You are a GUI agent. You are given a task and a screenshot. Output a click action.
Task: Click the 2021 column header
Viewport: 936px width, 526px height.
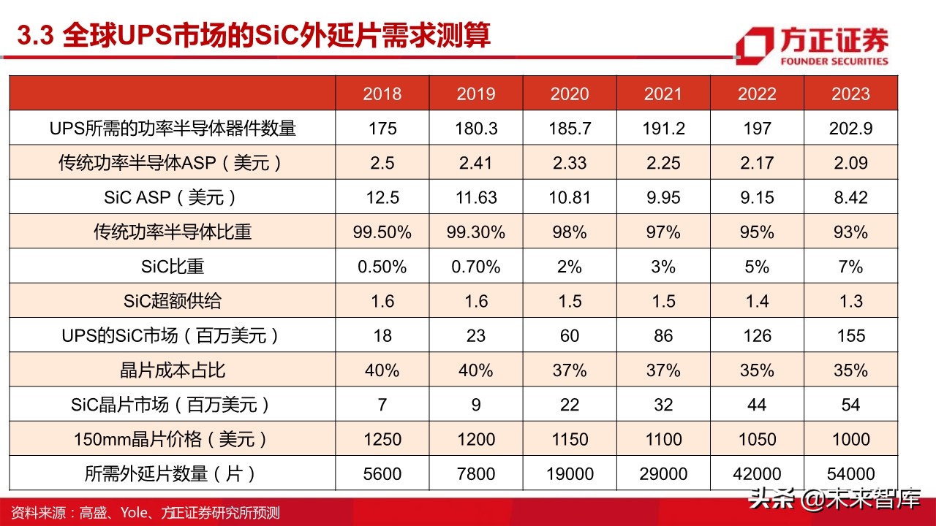[x=663, y=94]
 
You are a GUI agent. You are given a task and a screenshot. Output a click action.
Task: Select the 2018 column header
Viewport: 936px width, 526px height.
[x=382, y=94]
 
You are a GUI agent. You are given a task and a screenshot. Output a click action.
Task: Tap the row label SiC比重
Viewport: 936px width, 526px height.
[x=173, y=267]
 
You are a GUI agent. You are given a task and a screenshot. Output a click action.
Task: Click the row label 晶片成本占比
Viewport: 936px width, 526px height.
[x=173, y=370]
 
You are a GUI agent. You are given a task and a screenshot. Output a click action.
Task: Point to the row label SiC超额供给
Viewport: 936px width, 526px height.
[x=173, y=301]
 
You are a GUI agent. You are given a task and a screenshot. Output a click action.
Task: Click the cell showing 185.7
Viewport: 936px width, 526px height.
[x=570, y=129]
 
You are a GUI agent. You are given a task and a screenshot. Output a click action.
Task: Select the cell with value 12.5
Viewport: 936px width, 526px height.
[x=382, y=197]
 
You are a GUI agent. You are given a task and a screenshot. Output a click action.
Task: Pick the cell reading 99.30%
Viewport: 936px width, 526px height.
[x=475, y=232]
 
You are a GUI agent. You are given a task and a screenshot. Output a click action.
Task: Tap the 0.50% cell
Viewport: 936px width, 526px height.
[x=382, y=267]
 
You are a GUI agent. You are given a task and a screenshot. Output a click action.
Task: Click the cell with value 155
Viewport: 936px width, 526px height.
[x=850, y=336]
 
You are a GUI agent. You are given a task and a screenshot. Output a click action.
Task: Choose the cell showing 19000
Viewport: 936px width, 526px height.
[x=570, y=474]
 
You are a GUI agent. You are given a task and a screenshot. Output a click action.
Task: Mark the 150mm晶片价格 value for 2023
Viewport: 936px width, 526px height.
[x=850, y=440]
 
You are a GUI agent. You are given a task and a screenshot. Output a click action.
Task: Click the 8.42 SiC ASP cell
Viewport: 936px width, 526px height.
[x=850, y=197]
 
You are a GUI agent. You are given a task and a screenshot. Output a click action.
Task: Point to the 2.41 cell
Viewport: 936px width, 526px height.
[x=475, y=163]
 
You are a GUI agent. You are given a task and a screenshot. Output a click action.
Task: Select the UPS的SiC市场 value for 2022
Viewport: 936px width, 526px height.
[x=757, y=336]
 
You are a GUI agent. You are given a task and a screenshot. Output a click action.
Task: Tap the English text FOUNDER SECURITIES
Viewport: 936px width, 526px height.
[x=834, y=61]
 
